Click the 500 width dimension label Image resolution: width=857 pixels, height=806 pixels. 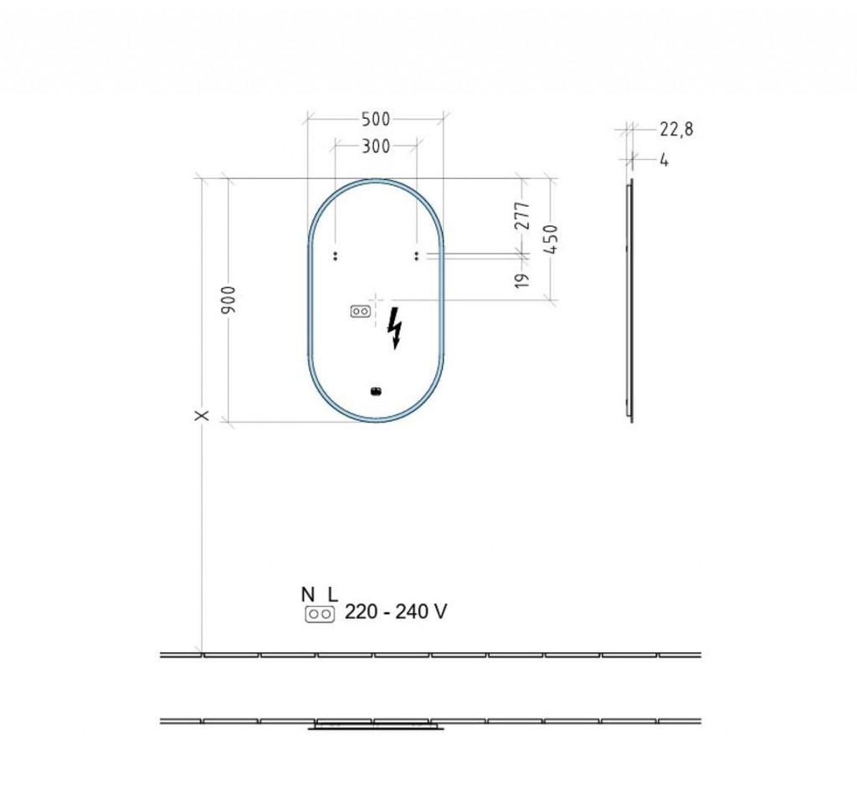click(x=376, y=119)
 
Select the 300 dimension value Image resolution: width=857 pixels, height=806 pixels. click(x=376, y=146)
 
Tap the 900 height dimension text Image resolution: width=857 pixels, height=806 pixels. click(x=228, y=300)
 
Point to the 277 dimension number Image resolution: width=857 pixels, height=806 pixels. click(x=523, y=215)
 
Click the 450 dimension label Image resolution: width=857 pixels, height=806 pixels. click(x=551, y=239)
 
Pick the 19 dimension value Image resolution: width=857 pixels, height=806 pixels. click(x=522, y=280)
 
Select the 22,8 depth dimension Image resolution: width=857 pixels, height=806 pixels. click(x=676, y=130)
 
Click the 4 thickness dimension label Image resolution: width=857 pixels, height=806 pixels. click(x=664, y=160)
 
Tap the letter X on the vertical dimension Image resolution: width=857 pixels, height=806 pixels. click(x=202, y=415)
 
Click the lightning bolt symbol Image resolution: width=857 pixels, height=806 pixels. click(x=395, y=327)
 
